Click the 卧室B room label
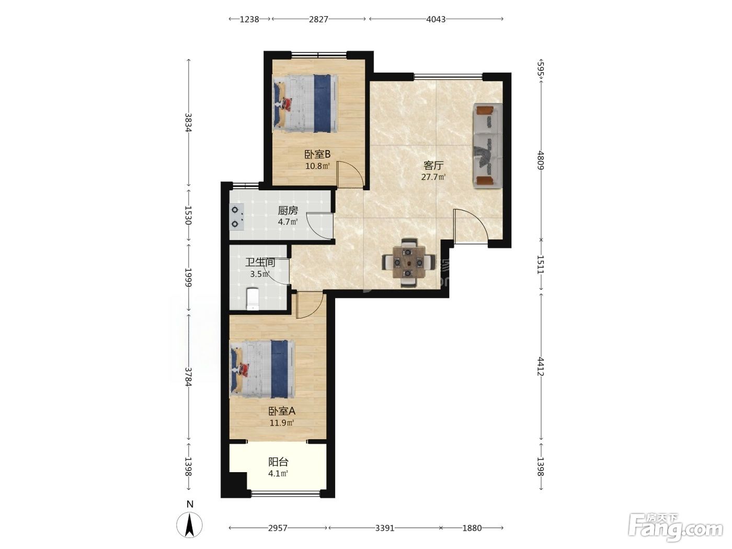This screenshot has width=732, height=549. pos(317,154)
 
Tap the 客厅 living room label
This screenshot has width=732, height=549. pos(433,165)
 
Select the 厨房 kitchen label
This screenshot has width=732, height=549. pos(288,211)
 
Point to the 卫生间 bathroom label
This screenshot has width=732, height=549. pos(260,262)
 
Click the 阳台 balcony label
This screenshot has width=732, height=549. pos(278,462)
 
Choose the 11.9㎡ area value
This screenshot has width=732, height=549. pos(282,423)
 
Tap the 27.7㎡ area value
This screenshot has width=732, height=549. pos(433,177)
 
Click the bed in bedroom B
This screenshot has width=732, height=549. pos(305,104)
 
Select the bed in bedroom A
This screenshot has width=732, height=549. pos(262,369)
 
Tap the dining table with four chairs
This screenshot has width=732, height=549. pos(408,262)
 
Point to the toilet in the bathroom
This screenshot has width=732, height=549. pos(252,299)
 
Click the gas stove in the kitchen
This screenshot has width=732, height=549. pos(236,217)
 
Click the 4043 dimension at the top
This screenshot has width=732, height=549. pos(436,19)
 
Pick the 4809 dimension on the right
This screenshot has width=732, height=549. pos(541,161)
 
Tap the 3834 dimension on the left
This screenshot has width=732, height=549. pos(188,123)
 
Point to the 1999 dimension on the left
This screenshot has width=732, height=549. pos(188,277)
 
